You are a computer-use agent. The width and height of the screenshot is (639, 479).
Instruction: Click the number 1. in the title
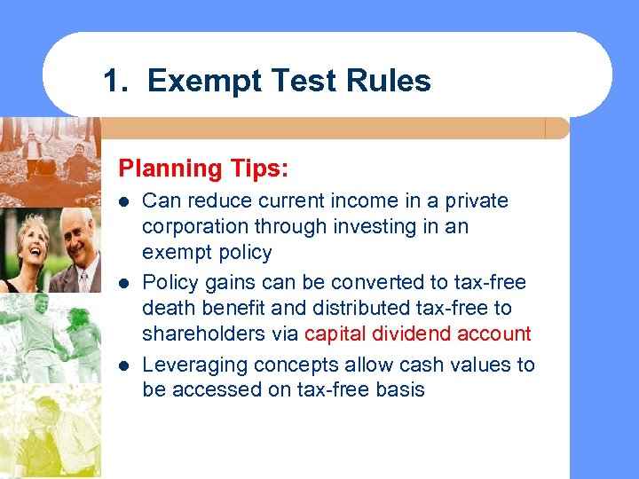tap(118, 82)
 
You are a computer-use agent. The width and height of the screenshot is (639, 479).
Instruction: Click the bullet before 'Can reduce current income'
tap(124, 201)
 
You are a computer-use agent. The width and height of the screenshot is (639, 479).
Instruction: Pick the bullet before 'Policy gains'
tap(124, 283)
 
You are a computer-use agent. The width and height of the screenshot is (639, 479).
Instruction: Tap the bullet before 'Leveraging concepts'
tap(124, 365)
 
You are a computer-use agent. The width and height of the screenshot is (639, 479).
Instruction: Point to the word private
tap(477, 201)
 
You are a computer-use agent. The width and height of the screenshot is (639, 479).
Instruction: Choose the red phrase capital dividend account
tap(417, 334)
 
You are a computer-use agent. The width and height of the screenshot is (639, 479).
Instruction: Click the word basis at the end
tap(399, 389)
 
